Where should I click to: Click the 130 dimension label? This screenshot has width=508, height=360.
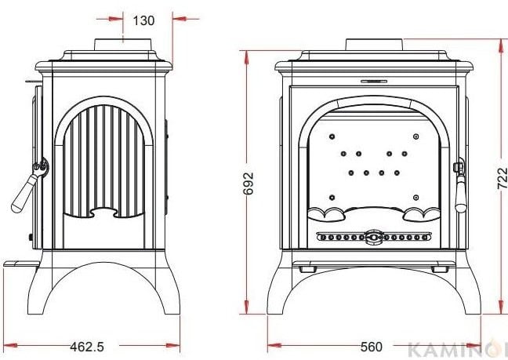pyautogui.click(x=143, y=20)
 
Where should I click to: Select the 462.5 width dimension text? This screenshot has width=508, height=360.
pyautogui.click(x=87, y=347)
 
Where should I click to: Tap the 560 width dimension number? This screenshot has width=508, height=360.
pyautogui.click(x=372, y=347)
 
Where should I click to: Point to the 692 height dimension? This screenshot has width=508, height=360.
pyautogui.click(x=249, y=183)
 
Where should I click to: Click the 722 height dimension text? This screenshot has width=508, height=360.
pyautogui.click(x=503, y=178)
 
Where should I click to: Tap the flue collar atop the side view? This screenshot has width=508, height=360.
pyautogui.click(x=123, y=45)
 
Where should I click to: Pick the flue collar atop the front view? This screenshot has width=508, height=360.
pyautogui.click(x=374, y=45)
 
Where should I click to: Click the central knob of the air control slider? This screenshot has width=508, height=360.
pyautogui.click(x=373, y=237)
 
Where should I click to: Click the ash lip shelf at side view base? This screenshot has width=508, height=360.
pyautogui.click(x=21, y=264)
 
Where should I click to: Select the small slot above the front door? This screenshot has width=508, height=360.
pyautogui.click(x=374, y=82)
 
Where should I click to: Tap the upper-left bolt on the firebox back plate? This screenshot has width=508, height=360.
pyautogui.click(x=332, y=136)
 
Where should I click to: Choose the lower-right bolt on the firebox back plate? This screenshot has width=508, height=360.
pyautogui.click(x=416, y=198)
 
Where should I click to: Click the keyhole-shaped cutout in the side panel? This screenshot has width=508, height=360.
pyautogui.click(x=103, y=213)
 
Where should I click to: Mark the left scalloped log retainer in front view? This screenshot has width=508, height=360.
pyautogui.click(x=325, y=214)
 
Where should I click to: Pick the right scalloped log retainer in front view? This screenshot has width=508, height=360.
pyautogui.click(x=422, y=214)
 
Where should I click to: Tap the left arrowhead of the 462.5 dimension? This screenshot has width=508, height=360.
pyautogui.click(x=10, y=345)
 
